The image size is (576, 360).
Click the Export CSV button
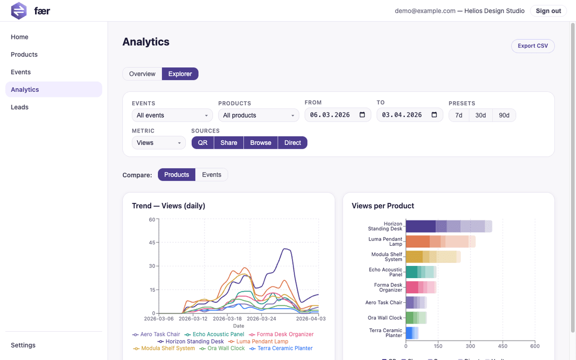point(532,46)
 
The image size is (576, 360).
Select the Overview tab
point(142,74)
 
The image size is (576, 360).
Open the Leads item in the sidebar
point(20,107)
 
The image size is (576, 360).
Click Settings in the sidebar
point(23,345)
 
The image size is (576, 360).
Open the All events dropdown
point(172,115)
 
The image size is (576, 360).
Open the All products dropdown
point(259,115)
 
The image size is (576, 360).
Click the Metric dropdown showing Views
point(158,143)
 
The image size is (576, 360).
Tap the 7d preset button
point(459,115)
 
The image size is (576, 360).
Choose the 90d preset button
point(504,115)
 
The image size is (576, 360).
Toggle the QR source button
point(203,143)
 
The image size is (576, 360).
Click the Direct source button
point(292,143)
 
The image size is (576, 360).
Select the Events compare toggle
point(212,175)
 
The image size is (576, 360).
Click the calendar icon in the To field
point(434,115)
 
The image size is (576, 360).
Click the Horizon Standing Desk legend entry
point(191,341)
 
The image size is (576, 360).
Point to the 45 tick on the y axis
point(152,242)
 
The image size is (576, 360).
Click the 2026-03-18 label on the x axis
point(228,318)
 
